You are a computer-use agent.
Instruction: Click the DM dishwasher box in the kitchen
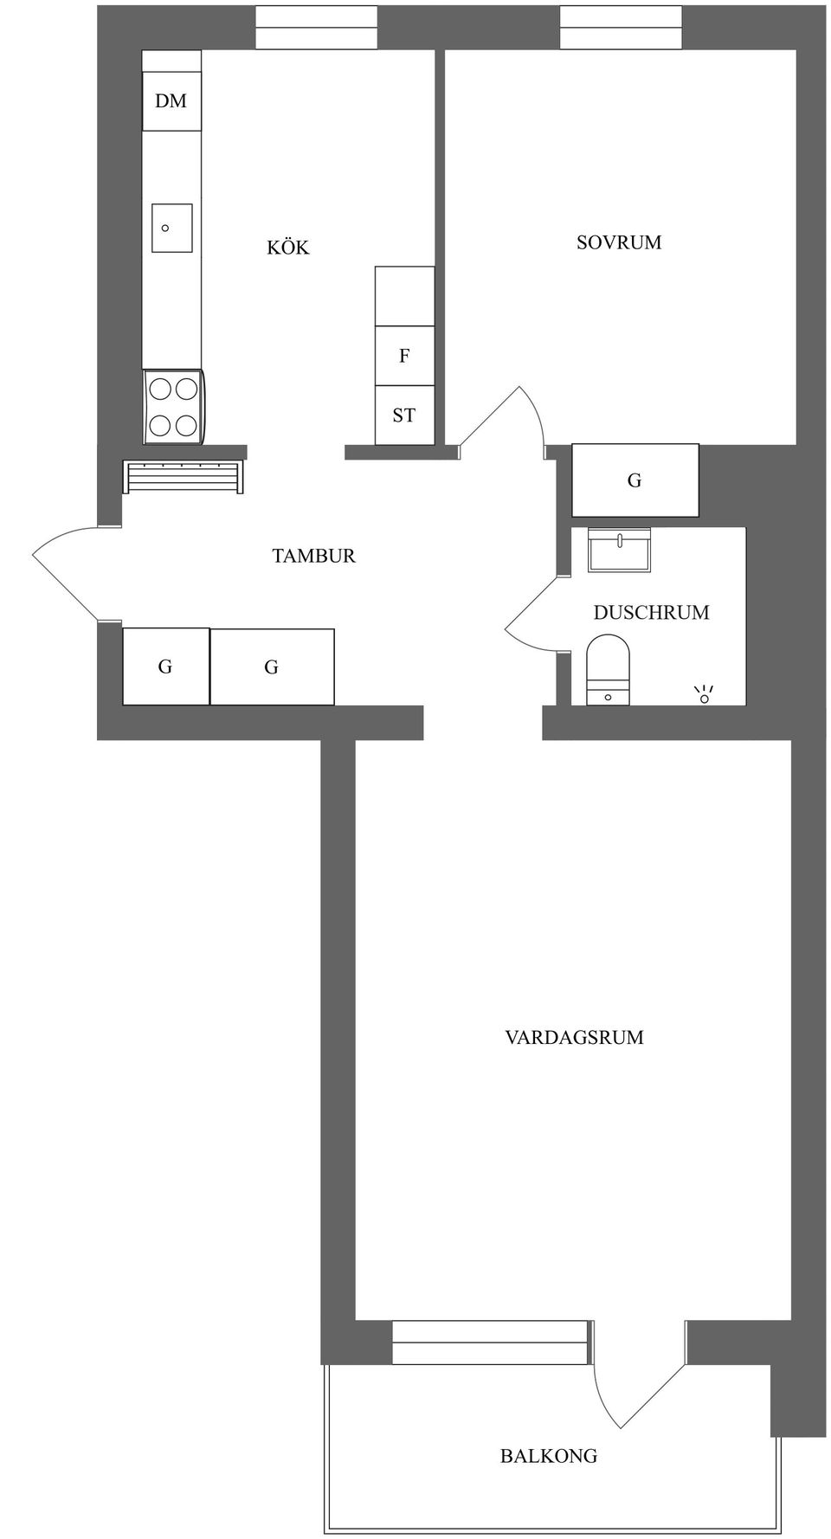pos(171,101)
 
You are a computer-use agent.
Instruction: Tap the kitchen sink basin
pos(171,228)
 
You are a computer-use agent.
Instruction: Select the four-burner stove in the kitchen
pos(173,407)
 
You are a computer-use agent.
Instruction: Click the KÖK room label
pos(287,248)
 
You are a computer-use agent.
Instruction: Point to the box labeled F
pos(404,356)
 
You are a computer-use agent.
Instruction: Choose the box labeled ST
pos(404,415)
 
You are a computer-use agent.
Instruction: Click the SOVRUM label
pos(619,243)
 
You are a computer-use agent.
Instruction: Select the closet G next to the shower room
pos(635,480)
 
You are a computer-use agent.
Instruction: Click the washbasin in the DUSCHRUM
pos(619,550)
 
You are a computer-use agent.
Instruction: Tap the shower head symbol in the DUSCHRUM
pos(704,694)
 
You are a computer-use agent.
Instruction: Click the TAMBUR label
pos(313,557)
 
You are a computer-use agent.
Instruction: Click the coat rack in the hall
pos(183,477)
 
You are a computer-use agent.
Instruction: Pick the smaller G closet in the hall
pos(165,666)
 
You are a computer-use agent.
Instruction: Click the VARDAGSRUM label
pos(574,1038)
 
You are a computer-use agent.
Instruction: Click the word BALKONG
pos(549,1457)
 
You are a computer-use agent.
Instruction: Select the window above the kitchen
pos(316,28)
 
